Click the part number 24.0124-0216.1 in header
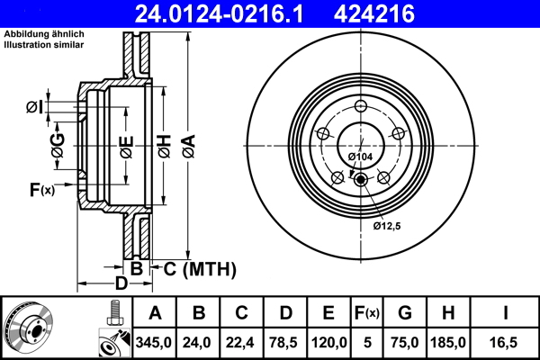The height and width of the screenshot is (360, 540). (x=233, y=13)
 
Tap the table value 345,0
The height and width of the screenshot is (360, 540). (x=153, y=342)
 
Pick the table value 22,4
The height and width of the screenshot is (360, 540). (x=241, y=342)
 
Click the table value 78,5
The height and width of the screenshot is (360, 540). (x=285, y=342)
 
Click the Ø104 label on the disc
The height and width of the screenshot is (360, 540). (x=360, y=157)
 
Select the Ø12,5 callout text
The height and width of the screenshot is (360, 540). (x=386, y=226)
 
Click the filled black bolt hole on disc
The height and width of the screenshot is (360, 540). (x=362, y=178)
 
